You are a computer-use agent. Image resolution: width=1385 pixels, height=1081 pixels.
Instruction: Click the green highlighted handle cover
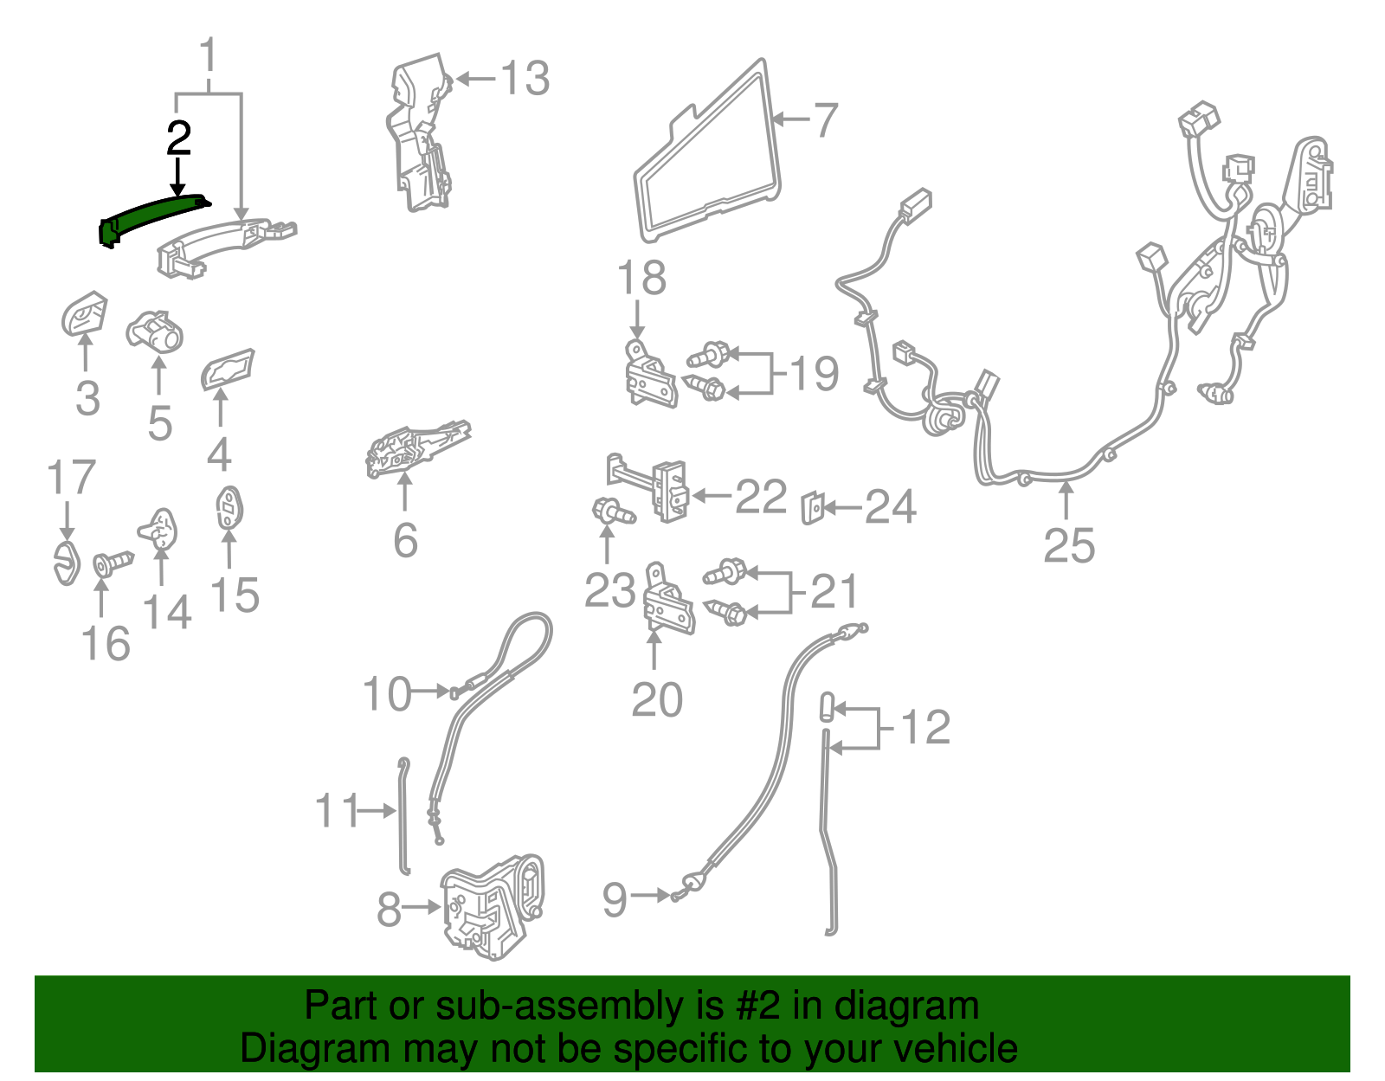click(x=153, y=216)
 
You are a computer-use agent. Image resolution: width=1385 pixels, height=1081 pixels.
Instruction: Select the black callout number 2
click(x=178, y=138)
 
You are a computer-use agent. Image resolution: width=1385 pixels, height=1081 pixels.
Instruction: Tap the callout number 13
click(x=525, y=79)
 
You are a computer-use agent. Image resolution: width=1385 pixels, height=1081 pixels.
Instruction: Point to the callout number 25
click(x=1069, y=546)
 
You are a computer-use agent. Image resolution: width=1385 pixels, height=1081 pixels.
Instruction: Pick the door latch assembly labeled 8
click(x=493, y=907)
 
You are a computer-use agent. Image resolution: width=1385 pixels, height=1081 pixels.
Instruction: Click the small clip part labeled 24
click(x=812, y=508)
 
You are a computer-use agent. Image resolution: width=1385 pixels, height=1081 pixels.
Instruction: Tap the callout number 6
click(x=405, y=541)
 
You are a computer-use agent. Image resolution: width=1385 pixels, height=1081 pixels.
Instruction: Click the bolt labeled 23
click(x=613, y=512)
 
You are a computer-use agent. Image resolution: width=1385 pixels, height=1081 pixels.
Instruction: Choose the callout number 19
click(x=814, y=373)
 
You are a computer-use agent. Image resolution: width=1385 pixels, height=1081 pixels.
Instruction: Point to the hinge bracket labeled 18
click(x=649, y=373)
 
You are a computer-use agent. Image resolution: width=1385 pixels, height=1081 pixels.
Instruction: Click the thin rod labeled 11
click(x=404, y=816)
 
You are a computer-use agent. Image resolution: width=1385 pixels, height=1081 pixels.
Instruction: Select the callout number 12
click(x=925, y=726)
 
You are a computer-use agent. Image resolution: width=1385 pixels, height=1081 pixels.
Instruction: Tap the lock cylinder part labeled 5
click(x=155, y=331)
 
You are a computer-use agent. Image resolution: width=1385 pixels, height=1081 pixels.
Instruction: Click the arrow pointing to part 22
click(x=711, y=495)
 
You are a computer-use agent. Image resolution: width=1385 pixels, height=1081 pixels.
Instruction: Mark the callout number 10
click(x=387, y=693)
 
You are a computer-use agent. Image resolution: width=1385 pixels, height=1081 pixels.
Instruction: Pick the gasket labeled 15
click(x=229, y=508)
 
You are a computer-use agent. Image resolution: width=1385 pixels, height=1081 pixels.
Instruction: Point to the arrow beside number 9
click(x=650, y=895)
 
